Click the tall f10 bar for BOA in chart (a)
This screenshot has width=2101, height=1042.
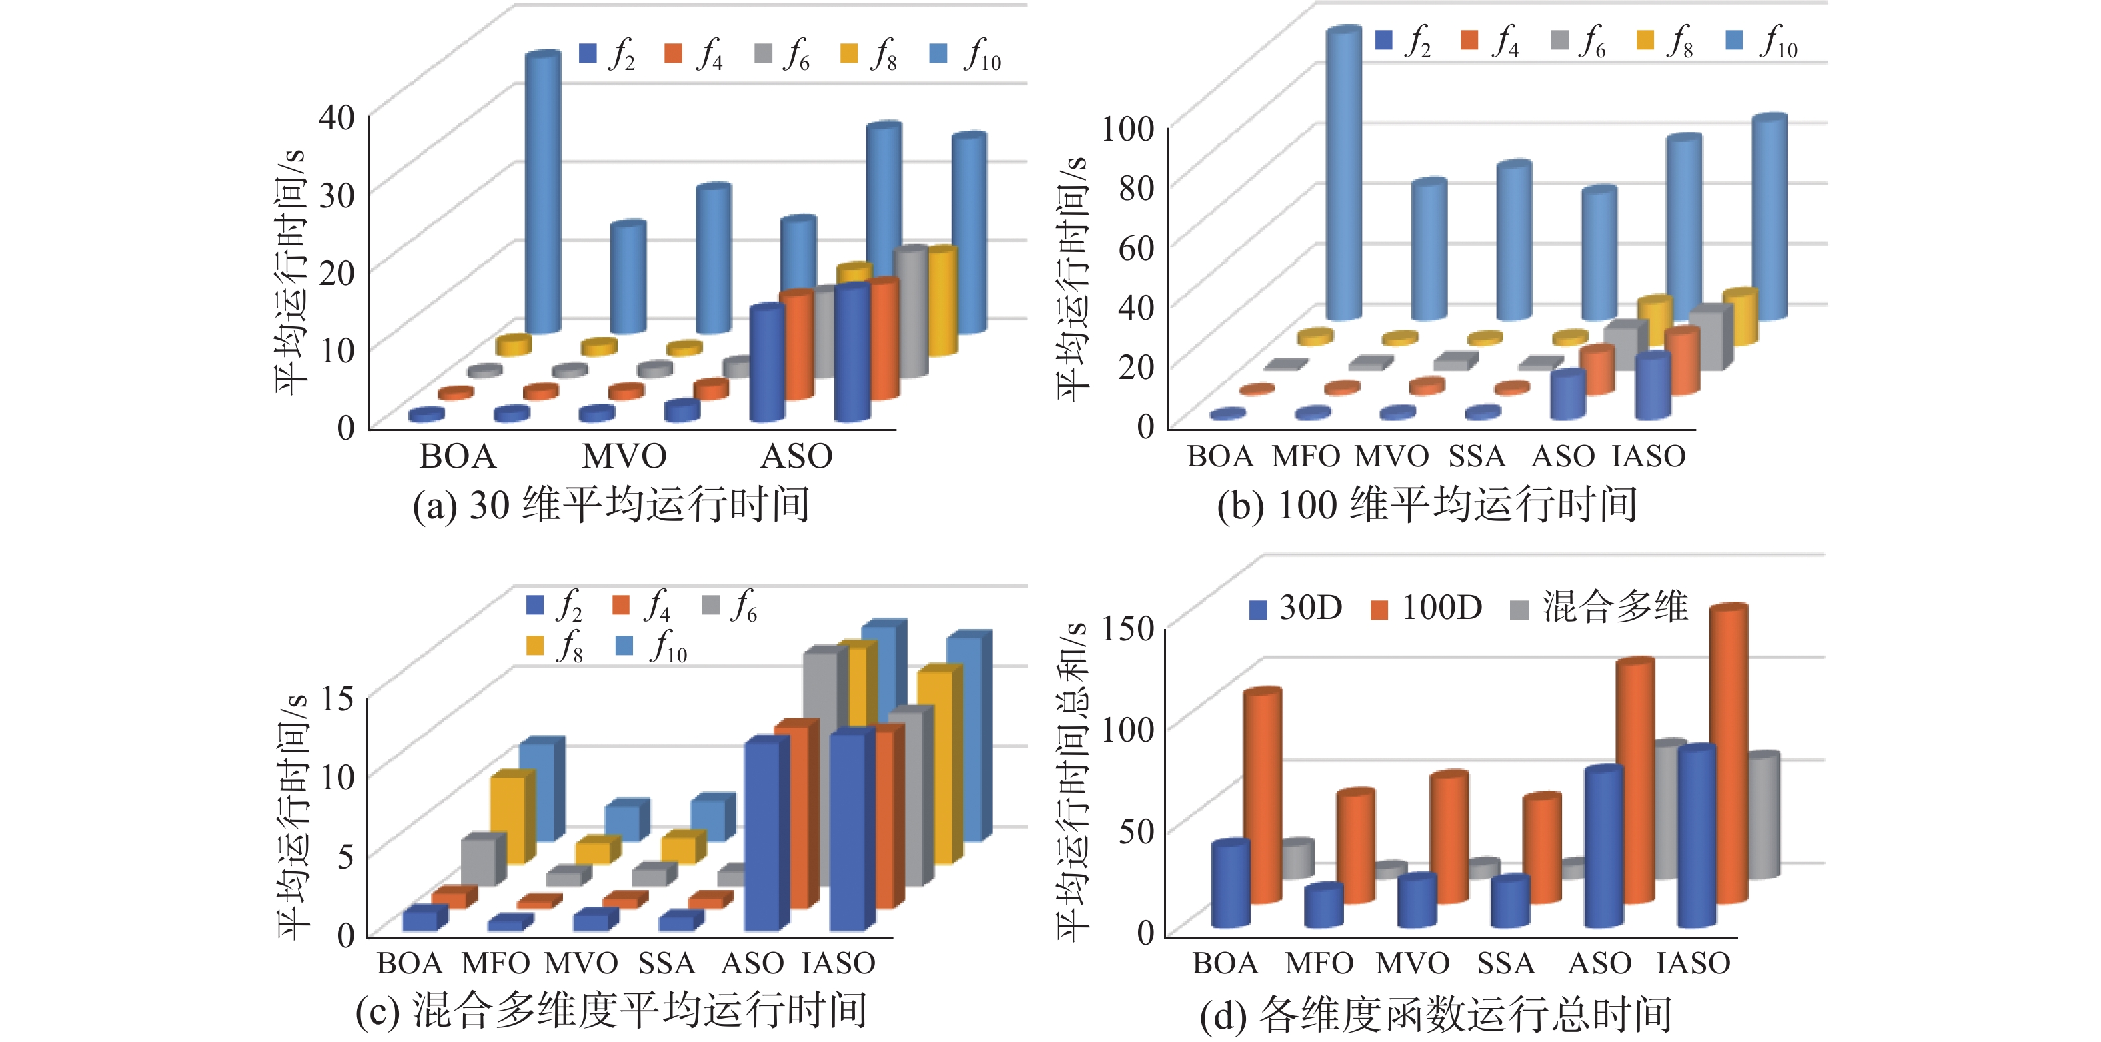[542, 191]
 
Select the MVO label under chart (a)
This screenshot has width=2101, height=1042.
[624, 456]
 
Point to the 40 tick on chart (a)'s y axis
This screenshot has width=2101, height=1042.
[337, 117]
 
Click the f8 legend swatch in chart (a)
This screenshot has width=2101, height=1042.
[849, 54]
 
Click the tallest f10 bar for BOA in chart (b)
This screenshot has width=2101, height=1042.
[1343, 171]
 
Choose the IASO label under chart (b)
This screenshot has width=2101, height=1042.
[1648, 456]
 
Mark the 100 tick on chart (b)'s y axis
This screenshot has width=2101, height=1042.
[1127, 128]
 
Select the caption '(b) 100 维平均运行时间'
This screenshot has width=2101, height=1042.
[1427, 504]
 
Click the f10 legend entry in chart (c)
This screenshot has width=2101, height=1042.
[653, 646]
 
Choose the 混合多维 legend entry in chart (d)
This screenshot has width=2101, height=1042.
[1599, 608]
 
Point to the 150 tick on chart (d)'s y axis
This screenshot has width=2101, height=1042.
[1127, 628]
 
